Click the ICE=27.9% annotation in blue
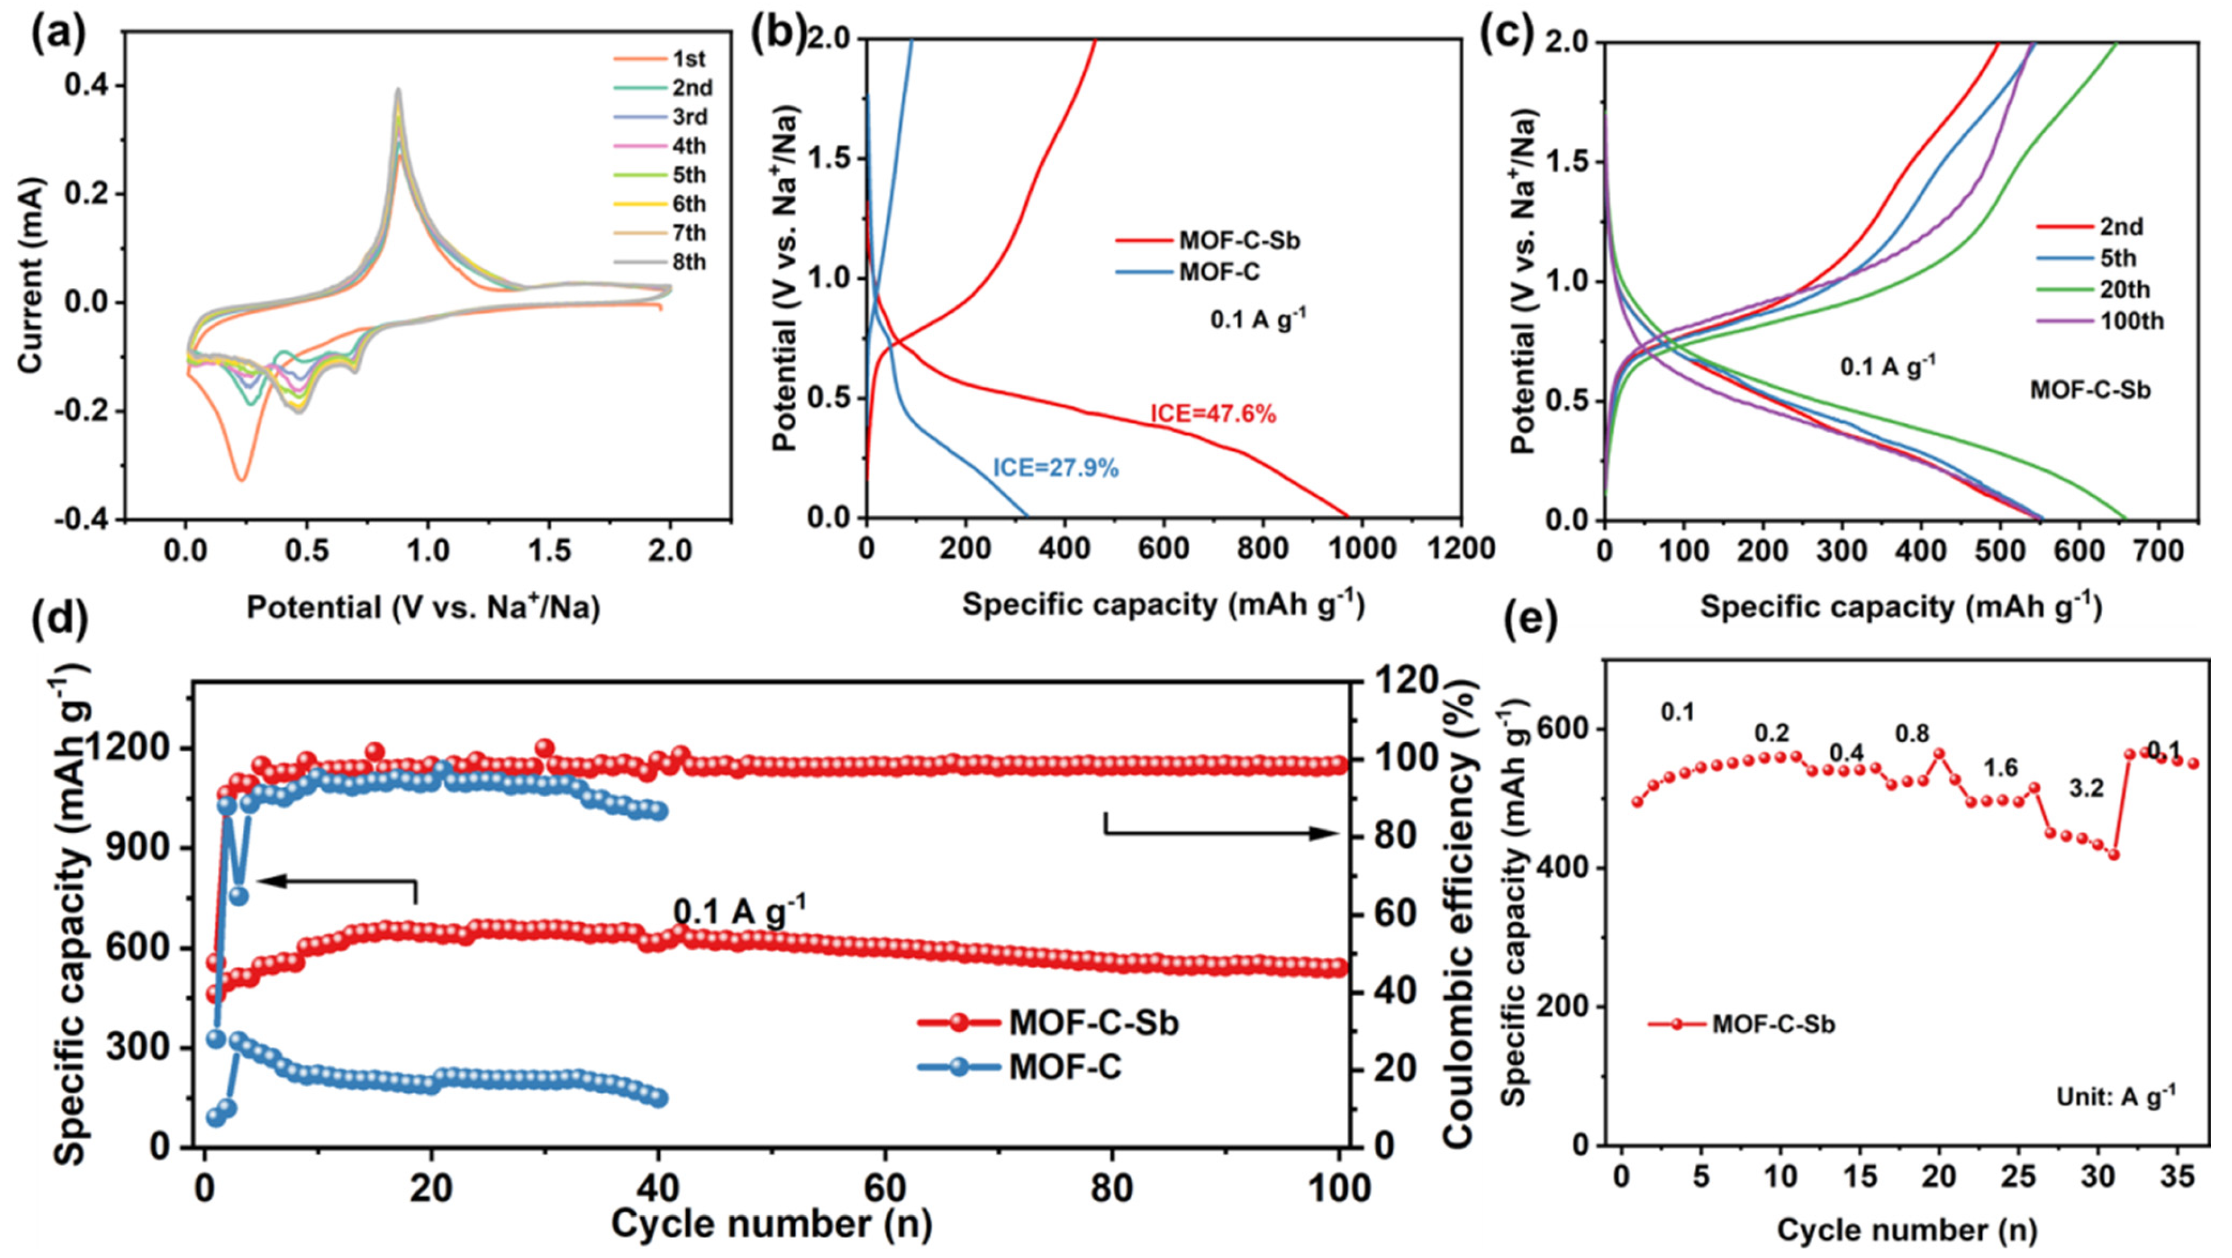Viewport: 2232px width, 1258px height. point(1055,469)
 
